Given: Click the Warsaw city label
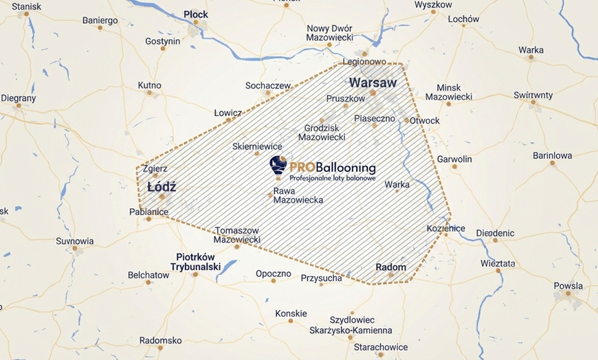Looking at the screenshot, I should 373,82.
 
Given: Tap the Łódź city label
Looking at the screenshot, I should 162,187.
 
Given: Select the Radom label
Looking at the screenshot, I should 390,267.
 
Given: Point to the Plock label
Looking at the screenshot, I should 196,14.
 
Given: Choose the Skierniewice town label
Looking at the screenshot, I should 258,146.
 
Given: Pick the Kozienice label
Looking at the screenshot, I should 445,228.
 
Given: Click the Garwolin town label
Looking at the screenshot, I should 454,159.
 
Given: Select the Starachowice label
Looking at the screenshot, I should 381,347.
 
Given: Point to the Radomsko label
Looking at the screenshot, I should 160,340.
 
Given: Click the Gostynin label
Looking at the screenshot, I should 162,41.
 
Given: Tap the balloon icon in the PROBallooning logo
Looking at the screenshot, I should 278,165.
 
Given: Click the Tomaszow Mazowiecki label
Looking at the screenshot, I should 237,235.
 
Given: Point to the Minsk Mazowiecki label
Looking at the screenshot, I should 449,92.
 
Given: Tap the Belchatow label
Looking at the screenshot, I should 148,275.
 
